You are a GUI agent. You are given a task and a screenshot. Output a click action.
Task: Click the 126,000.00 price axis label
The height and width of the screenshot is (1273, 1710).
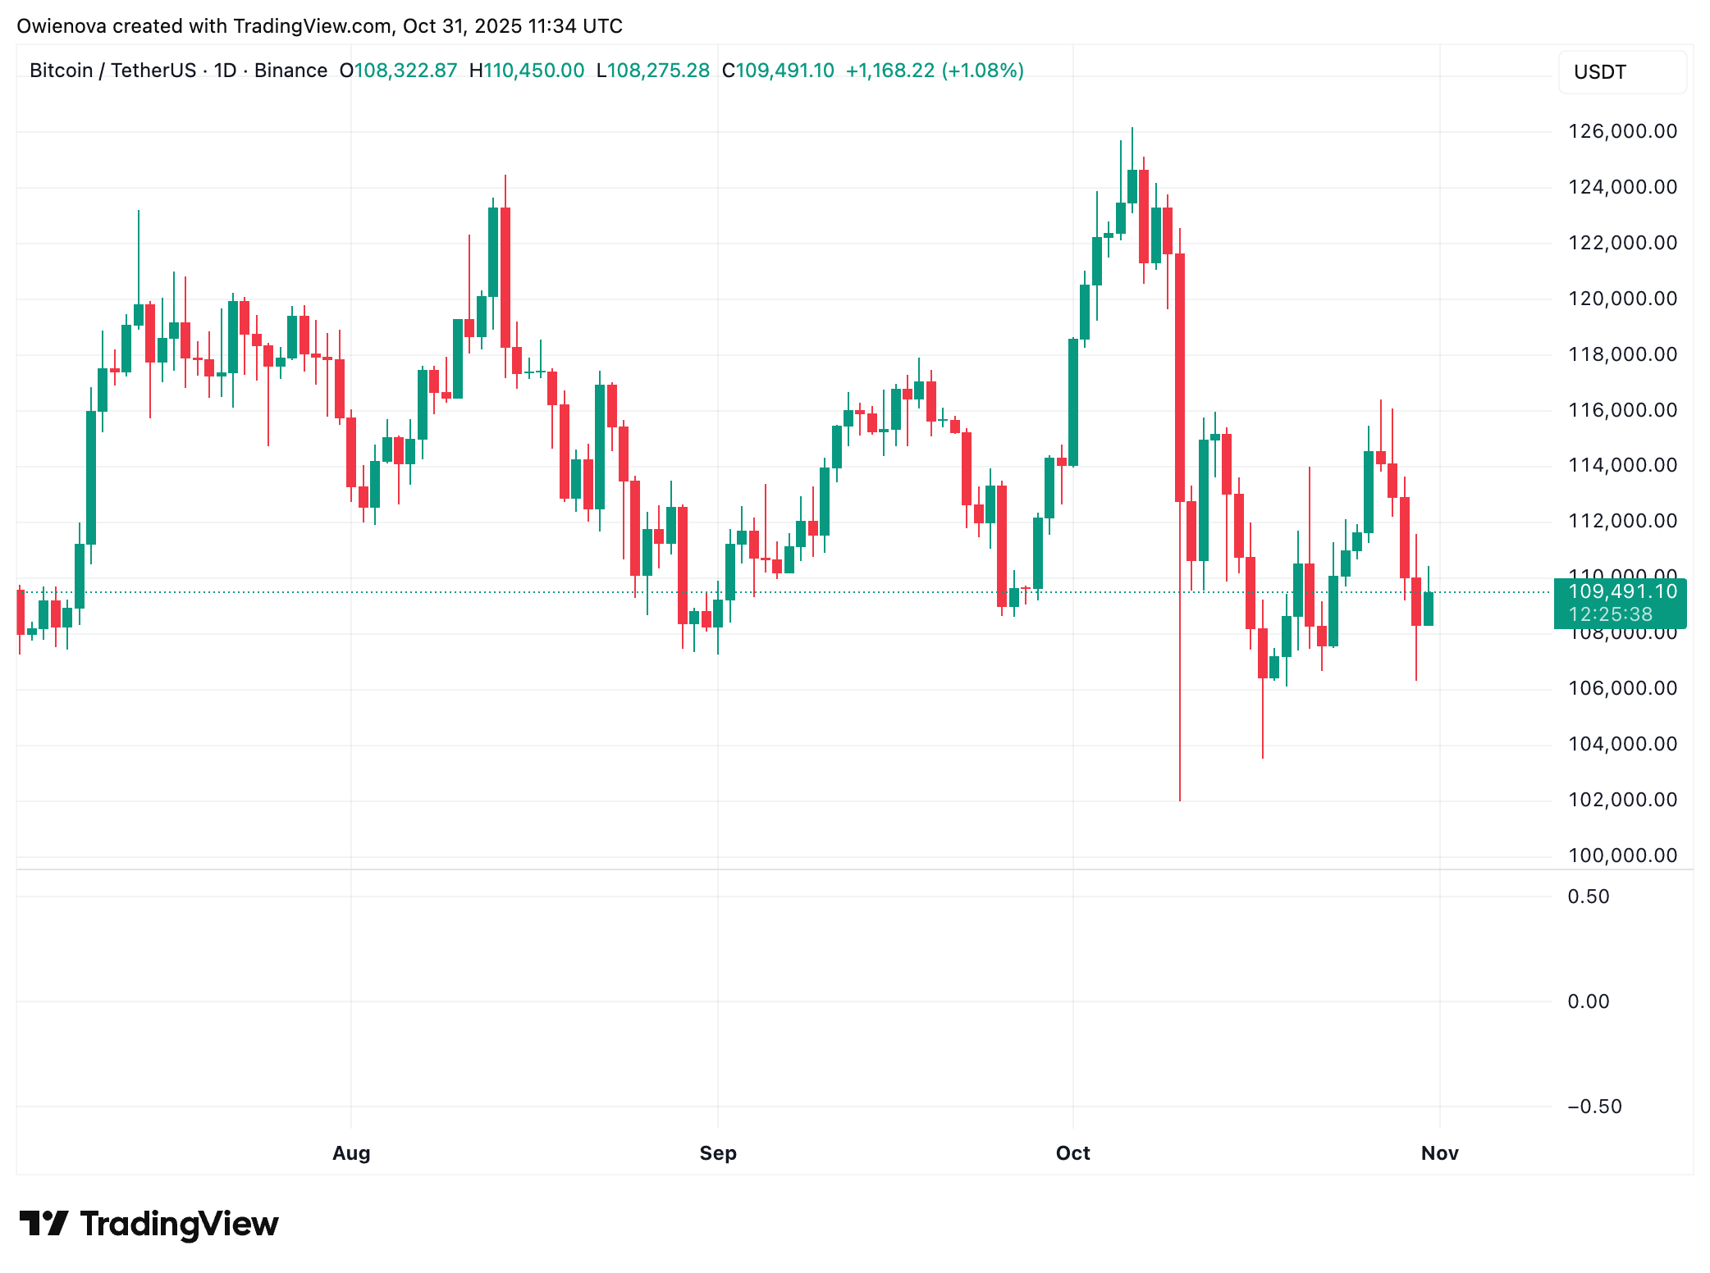coord(1622,131)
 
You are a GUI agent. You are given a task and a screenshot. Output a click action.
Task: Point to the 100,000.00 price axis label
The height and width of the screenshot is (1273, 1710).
coord(1622,856)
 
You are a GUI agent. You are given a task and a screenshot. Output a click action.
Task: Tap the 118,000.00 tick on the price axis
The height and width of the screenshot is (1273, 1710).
coord(1622,354)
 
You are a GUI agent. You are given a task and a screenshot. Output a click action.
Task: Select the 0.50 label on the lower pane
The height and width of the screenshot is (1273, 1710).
coord(1589,897)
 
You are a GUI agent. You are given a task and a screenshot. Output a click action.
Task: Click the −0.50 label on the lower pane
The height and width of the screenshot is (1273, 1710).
coord(1594,1106)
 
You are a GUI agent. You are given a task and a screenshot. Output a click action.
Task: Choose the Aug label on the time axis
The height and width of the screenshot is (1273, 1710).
coord(351,1153)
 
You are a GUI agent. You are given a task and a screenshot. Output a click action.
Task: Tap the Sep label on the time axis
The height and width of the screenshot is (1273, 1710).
coord(718,1153)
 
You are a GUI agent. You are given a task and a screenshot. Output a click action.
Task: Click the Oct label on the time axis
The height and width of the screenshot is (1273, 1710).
coord(1072,1153)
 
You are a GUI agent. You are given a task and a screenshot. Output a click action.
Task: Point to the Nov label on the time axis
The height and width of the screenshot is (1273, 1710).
coord(1439,1153)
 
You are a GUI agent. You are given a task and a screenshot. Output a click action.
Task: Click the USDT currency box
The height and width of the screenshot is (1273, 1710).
coord(1621,72)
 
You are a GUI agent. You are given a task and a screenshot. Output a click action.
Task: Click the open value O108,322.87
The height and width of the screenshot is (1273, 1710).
coord(399,71)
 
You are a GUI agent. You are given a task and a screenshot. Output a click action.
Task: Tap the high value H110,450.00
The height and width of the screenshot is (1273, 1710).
coord(527,71)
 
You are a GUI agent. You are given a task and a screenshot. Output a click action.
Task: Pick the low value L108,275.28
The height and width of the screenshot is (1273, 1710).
coord(653,71)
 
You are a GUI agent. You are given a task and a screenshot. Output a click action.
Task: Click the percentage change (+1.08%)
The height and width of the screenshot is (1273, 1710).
coord(982,71)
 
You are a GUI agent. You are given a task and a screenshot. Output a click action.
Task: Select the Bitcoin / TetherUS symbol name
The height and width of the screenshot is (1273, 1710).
coord(113,71)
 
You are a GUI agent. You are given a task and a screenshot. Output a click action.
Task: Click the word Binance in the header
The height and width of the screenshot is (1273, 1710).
coord(290,71)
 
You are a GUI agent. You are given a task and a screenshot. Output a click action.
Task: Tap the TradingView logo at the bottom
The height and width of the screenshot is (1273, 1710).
coord(149,1224)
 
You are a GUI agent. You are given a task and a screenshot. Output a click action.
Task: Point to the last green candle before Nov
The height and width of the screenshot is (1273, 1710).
coord(1429,609)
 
